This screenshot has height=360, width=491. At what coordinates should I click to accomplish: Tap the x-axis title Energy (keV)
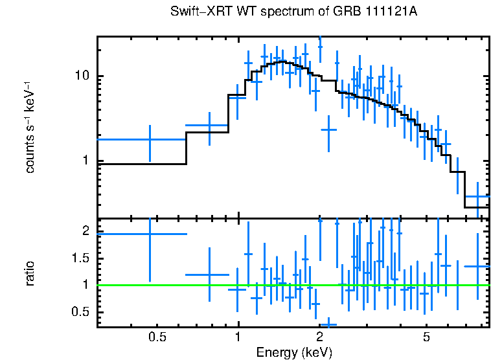tap(293, 352)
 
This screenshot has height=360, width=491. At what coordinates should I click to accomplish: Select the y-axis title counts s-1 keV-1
tap(30, 126)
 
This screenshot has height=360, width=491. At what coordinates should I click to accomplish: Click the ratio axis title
tap(30, 272)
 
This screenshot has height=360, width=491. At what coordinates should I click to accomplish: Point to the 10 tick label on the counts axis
tap(82, 76)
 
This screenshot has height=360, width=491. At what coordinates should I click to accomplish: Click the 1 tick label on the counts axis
tap(86, 161)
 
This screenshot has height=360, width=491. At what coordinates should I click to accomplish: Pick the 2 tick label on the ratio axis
tap(86, 231)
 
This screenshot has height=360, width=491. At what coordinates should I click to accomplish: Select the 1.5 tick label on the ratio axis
tap(80, 258)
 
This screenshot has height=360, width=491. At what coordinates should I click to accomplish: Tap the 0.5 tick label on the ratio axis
tap(80, 313)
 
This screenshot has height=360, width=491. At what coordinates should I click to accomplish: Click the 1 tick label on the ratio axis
tap(86, 285)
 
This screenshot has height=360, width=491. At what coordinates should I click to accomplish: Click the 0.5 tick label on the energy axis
tap(157, 337)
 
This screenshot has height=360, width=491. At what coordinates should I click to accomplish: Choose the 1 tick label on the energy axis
tap(238, 337)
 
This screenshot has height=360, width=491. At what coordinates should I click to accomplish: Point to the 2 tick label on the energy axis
tap(319, 337)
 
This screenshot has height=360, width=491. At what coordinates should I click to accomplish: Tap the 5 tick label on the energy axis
tap(426, 337)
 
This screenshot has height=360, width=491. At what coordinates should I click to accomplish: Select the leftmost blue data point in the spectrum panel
tap(150, 139)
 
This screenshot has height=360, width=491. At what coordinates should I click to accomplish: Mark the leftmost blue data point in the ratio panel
tap(150, 234)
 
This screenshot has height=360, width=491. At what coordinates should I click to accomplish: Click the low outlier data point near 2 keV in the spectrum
tap(329, 129)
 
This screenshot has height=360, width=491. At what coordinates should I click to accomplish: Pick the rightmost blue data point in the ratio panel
tap(478, 266)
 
